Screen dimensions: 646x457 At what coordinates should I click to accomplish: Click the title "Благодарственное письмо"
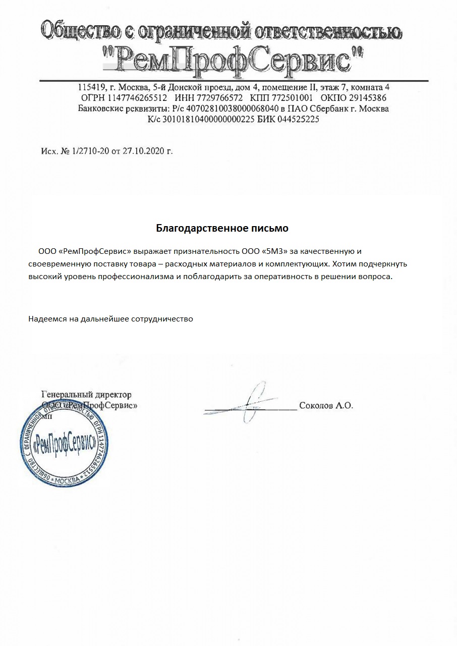[x=222, y=228]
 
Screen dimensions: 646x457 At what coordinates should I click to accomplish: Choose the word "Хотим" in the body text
[x=345, y=264]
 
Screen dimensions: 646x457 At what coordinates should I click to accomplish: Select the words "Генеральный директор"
[x=86, y=395]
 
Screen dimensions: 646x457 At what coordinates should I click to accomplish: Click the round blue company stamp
[x=63, y=444]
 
